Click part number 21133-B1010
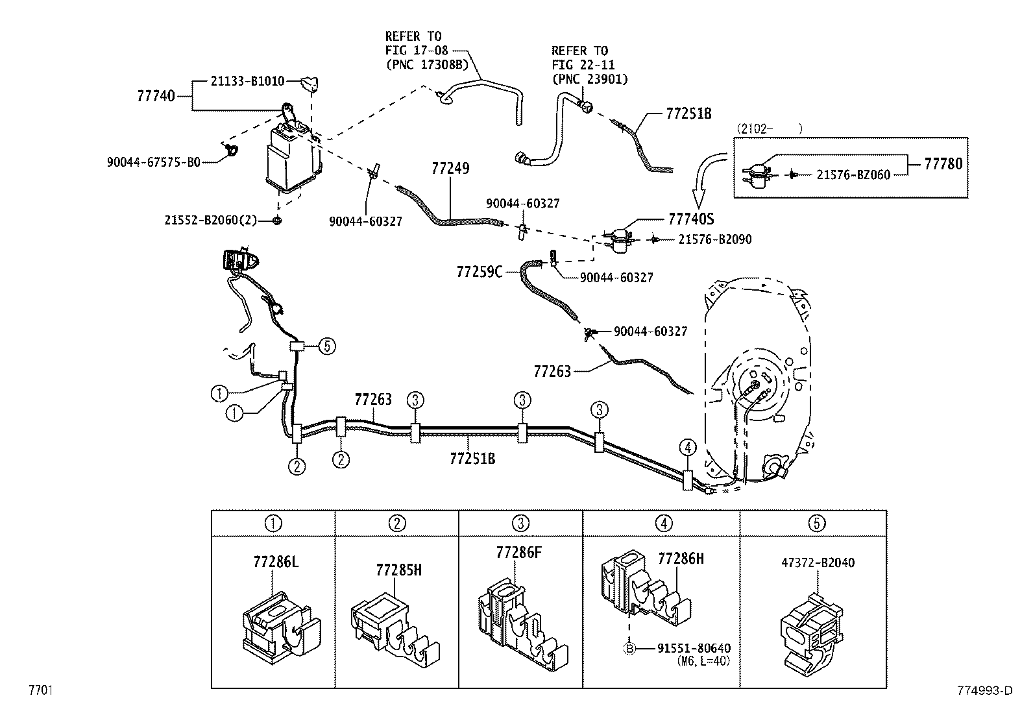(247, 82)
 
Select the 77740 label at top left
(156, 96)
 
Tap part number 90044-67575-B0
(154, 162)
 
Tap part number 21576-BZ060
(853, 175)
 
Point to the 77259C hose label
(479, 272)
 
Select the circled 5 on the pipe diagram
(327, 346)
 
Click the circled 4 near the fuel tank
(688, 447)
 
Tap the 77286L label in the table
(276, 562)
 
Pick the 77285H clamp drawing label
(398, 570)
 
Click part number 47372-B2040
(818, 562)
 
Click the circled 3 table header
(520, 523)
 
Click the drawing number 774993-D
(984, 691)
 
